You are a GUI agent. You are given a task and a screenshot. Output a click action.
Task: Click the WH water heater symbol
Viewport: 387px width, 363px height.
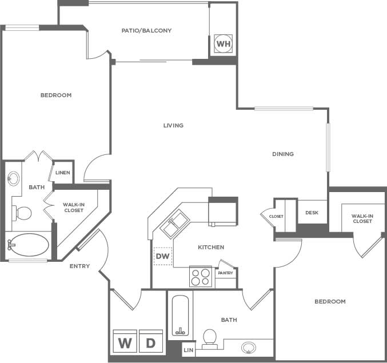point(223,44)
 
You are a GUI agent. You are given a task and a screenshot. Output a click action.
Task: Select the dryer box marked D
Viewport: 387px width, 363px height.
point(151,342)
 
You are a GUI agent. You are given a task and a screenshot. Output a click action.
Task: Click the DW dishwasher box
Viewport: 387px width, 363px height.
point(162,256)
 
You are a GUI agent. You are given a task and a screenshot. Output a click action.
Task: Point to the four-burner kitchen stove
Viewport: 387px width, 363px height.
point(200,277)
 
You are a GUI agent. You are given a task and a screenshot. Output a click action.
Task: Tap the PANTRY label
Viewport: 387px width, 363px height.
point(225,273)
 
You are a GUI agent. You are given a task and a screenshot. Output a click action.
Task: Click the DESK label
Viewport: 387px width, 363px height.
point(312,213)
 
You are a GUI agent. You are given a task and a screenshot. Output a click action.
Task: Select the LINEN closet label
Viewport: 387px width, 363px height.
point(62,173)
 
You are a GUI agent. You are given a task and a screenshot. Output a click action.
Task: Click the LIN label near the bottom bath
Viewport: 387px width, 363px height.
point(188,350)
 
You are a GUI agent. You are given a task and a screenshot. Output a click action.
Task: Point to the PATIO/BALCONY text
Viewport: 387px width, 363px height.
point(147,30)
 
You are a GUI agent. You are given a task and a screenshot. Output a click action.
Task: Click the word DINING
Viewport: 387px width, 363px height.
point(283,154)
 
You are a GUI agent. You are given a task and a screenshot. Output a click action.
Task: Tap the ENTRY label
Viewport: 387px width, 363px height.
point(79,266)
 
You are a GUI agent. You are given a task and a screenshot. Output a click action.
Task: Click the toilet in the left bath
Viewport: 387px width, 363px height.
point(23,213)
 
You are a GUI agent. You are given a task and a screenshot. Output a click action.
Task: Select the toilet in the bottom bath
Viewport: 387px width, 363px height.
point(210,337)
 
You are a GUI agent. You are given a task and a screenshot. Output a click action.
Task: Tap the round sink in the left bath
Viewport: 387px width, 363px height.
point(13,178)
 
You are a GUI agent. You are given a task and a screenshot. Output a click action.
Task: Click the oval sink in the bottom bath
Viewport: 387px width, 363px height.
point(249,346)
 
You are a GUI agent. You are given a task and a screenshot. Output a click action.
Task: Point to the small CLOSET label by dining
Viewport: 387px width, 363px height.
point(276,216)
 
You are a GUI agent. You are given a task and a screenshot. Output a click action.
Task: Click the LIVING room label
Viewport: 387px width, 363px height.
point(173,125)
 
